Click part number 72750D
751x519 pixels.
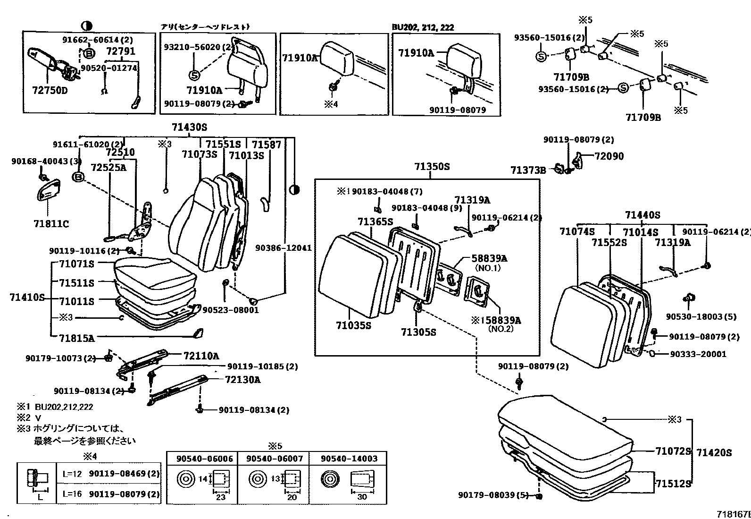pyautogui.click(x=50, y=90)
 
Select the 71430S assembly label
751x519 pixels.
pyautogui.click(x=189, y=127)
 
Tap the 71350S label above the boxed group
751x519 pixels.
pyautogui.click(x=432, y=166)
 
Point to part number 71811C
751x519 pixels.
pyautogui.click(x=50, y=223)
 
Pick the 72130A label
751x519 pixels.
pyautogui.click(x=242, y=380)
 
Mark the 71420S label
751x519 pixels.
pyautogui.click(x=714, y=453)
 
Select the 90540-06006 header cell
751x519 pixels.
pyautogui.click(x=205, y=459)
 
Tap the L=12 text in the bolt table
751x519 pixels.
pyautogui.click(x=72, y=473)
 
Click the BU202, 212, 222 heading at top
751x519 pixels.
pyautogui.click(x=423, y=27)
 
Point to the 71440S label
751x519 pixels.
pyautogui.click(x=643, y=215)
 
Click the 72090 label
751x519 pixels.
pyautogui.click(x=609, y=156)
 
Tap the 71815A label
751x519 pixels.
pyautogui.click(x=77, y=338)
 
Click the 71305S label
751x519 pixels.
pyautogui.click(x=418, y=332)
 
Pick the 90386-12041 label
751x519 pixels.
pyautogui.click(x=284, y=247)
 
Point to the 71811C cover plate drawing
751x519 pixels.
pyautogui.click(x=50, y=192)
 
